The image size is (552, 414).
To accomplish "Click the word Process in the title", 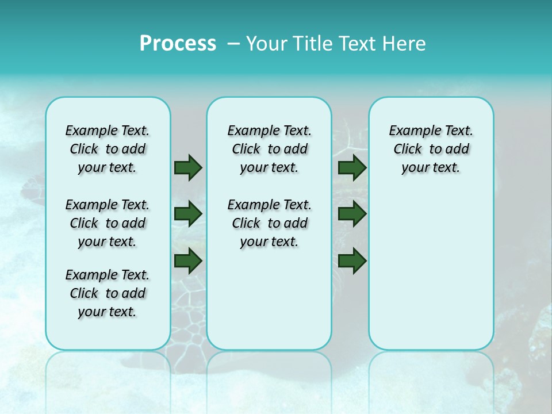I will [178, 44].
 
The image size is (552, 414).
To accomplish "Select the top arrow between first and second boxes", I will [188, 167].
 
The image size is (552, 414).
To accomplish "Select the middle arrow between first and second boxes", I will [188, 214].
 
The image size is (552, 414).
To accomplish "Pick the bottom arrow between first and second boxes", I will [188, 260].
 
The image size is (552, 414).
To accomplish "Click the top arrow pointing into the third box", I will [352, 167].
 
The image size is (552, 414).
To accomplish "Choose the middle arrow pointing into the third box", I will [352, 214].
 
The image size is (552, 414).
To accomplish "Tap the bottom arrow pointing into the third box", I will [352, 260].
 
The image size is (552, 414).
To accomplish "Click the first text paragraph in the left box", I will [108, 149].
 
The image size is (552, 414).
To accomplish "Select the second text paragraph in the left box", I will [108, 223].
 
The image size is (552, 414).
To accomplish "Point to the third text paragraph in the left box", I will [108, 293].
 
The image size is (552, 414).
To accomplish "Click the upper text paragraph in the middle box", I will [269, 149].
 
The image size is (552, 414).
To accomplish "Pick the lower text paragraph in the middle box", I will [269, 223].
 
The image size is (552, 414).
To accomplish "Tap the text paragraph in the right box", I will [431, 149].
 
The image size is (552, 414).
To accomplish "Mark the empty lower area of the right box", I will [431, 270].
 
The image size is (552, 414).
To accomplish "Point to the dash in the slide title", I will [233, 44].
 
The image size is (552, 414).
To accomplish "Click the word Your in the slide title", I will [265, 44].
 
